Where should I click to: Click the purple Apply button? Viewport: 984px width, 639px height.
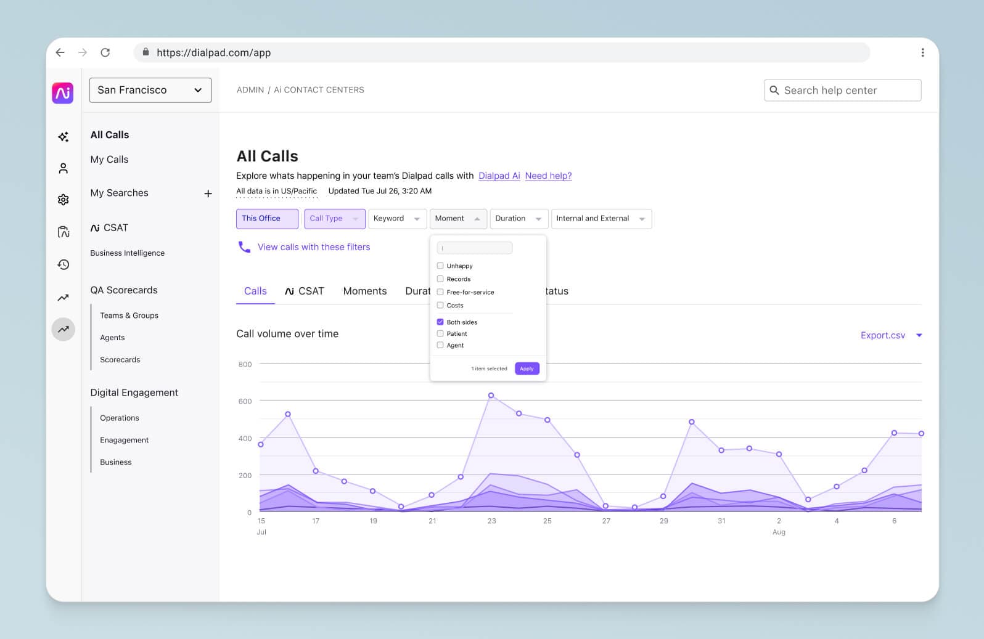click(x=527, y=368)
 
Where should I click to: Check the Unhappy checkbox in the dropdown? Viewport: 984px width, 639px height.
click(x=440, y=266)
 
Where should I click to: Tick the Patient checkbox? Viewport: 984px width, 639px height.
click(x=440, y=333)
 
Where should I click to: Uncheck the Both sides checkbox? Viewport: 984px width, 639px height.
click(x=440, y=322)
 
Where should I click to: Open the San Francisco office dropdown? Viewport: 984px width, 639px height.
click(x=150, y=90)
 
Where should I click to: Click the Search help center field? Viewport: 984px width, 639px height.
click(x=842, y=90)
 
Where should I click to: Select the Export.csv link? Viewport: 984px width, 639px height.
click(x=882, y=335)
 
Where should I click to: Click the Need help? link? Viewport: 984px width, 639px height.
click(x=548, y=176)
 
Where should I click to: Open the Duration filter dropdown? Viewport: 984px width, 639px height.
click(x=519, y=219)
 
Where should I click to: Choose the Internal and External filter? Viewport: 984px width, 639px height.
click(x=601, y=219)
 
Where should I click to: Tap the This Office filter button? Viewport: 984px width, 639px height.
click(x=267, y=219)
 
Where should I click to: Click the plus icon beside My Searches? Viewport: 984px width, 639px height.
click(x=208, y=193)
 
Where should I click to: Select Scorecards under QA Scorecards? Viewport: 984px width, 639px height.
click(x=120, y=360)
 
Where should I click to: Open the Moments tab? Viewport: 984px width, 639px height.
click(x=365, y=291)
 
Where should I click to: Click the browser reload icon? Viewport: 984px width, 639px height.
click(x=105, y=52)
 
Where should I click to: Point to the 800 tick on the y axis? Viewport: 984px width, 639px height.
click(x=245, y=364)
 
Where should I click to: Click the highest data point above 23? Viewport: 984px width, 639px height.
click(x=491, y=395)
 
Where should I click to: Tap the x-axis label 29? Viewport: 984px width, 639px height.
click(x=663, y=521)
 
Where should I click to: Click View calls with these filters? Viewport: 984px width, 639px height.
click(x=313, y=247)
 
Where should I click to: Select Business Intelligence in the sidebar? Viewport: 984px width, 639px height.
click(x=128, y=253)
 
